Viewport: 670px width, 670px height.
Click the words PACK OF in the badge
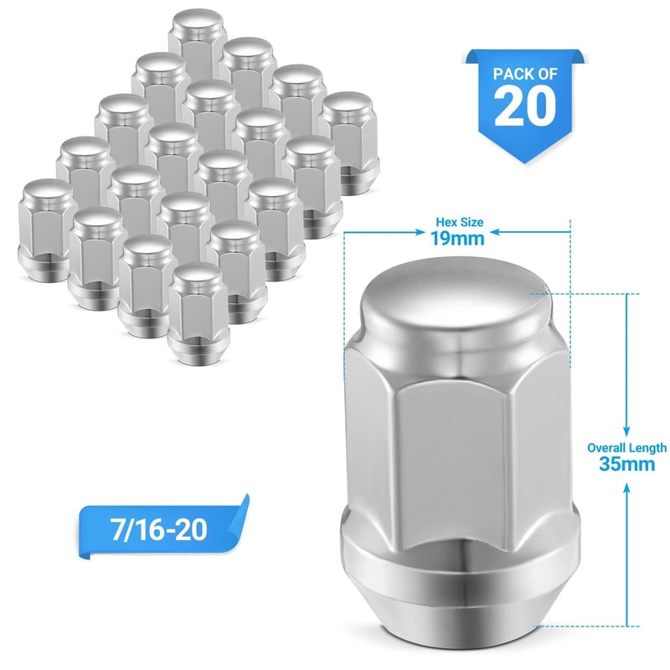pyautogui.click(x=524, y=73)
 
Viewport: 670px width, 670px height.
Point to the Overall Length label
pyautogui.click(x=626, y=448)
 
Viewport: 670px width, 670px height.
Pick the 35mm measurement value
pyautogui.click(x=626, y=465)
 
